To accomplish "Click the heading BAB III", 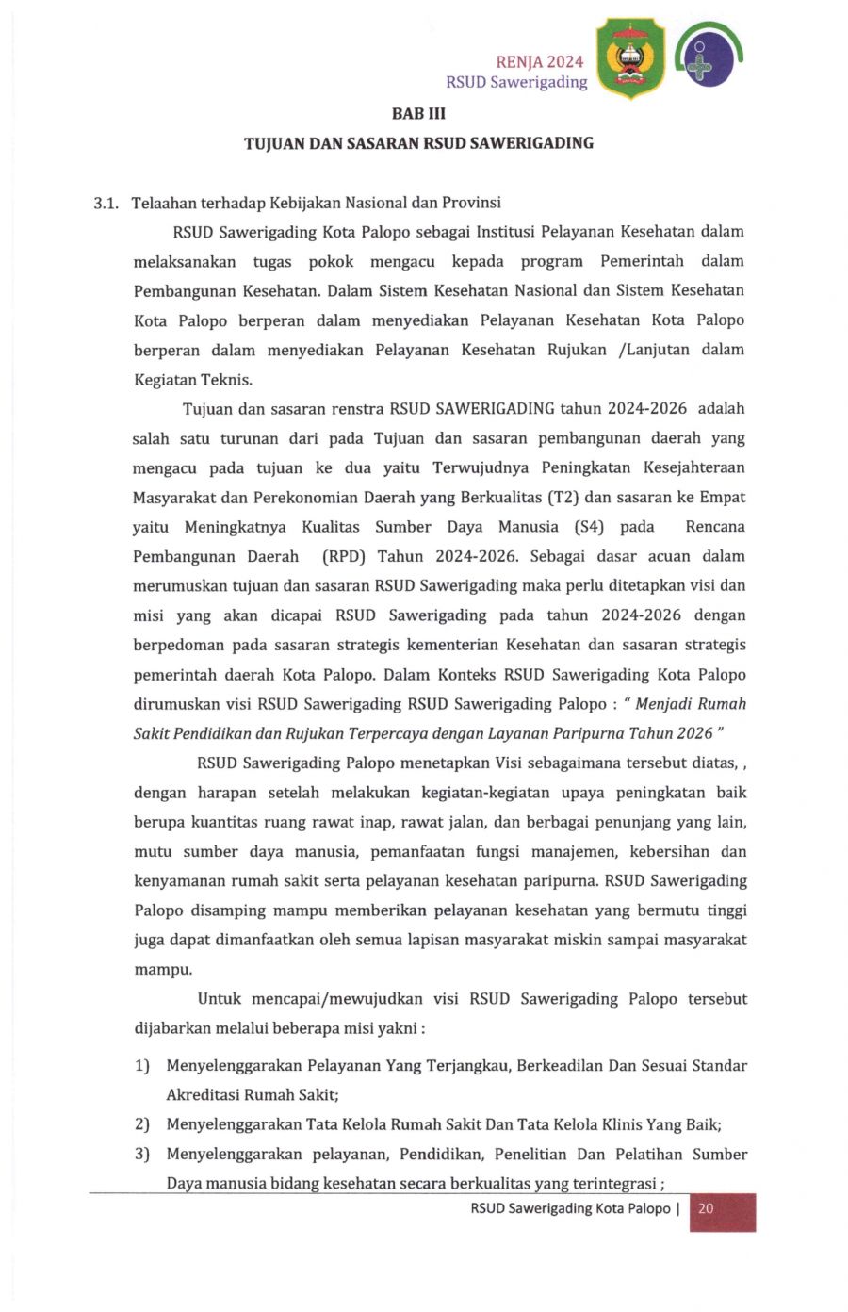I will (418, 114).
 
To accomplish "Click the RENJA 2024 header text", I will (539, 62).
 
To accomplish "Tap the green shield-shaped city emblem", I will (630, 58).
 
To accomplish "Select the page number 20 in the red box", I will (706, 1208).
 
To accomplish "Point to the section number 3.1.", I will (105, 203).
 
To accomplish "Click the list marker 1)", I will (142, 1066).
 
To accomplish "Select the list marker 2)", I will (142, 1124).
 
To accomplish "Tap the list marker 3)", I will (142, 1155).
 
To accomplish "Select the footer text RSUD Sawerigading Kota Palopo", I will (570, 1208).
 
